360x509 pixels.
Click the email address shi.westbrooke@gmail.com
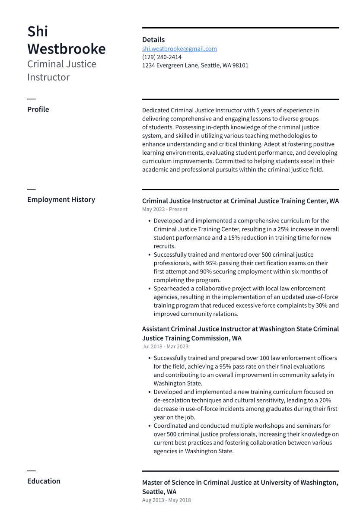[179, 49]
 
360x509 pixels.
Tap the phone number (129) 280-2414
[162, 57]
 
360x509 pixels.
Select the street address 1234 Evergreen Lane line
[195, 66]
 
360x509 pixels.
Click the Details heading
[153, 40]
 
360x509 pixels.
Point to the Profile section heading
[38, 109]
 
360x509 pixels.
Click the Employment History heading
[61, 200]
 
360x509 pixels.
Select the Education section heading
[44, 481]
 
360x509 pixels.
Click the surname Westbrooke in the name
[66, 49]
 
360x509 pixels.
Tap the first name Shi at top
[38, 31]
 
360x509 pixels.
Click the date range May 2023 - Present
[165, 210]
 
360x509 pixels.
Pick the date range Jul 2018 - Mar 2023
[165, 347]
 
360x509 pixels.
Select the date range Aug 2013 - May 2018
[166, 500]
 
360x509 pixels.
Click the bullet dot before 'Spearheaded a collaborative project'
[149, 289]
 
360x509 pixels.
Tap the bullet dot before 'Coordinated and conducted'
[149, 426]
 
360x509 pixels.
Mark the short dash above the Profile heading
[31, 99]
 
